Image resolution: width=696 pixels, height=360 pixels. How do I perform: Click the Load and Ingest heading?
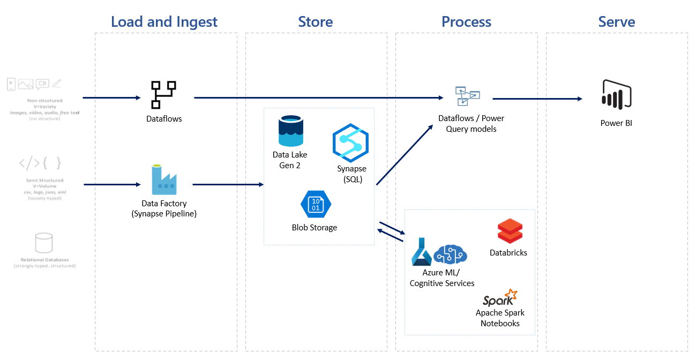[x=164, y=22]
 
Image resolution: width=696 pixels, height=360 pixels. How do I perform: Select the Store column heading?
[x=315, y=22]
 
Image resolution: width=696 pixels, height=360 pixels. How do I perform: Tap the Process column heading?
[x=466, y=22]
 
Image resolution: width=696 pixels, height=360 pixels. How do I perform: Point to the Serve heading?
[x=616, y=22]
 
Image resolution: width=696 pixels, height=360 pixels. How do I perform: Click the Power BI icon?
[x=617, y=94]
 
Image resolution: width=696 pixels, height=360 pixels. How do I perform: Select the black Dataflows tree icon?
[x=163, y=94]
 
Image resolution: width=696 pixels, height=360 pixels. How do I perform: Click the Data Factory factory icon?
[x=164, y=179]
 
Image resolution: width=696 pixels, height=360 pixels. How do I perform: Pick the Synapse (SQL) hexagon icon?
[x=350, y=142]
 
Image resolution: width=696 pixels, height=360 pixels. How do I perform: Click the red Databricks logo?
[x=509, y=231]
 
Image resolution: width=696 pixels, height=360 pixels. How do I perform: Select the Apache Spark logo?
[x=499, y=297]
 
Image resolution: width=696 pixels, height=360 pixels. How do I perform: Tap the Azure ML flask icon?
[x=421, y=252]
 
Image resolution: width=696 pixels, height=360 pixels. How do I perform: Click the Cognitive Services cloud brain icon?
[x=450, y=254]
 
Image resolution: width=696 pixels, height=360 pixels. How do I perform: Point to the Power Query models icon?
[x=467, y=96]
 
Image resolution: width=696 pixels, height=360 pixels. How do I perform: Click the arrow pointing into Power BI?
[x=537, y=99]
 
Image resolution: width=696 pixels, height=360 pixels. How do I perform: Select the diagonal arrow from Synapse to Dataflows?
[x=405, y=155]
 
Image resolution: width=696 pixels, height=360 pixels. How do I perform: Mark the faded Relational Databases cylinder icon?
[x=44, y=243]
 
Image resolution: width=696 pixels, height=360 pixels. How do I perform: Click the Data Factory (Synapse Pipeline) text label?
[x=164, y=208]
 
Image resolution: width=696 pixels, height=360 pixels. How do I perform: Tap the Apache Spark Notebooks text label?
[x=500, y=318]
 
